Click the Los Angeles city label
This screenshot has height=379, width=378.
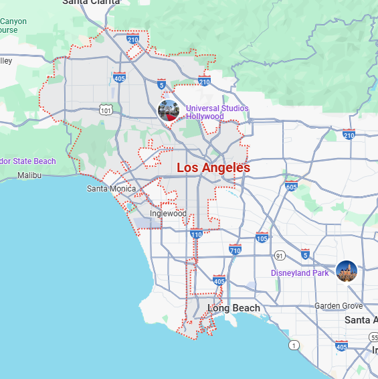(x=213, y=167)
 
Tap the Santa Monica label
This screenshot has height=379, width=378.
(x=111, y=189)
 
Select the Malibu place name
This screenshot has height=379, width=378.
(x=29, y=175)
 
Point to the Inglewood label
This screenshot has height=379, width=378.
(x=168, y=214)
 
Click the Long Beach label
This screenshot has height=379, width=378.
(x=233, y=308)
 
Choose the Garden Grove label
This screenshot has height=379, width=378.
(x=339, y=306)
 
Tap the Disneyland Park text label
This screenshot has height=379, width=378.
(x=300, y=273)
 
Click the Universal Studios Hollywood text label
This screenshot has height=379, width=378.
(x=217, y=112)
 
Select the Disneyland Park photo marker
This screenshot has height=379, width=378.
(x=347, y=271)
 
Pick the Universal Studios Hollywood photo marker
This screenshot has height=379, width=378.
(x=168, y=110)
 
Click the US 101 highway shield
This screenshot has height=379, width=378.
(x=104, y=108)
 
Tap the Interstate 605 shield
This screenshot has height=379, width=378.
(x=290, y=186)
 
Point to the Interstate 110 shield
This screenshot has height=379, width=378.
(x=196, y=234)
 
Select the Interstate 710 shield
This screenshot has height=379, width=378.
(x=235, y=249)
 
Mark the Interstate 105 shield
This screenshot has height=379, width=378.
(x=262, y=238)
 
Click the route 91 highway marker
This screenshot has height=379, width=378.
(x=278, y=255)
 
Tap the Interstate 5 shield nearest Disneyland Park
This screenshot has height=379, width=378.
(x=305, y=254)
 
